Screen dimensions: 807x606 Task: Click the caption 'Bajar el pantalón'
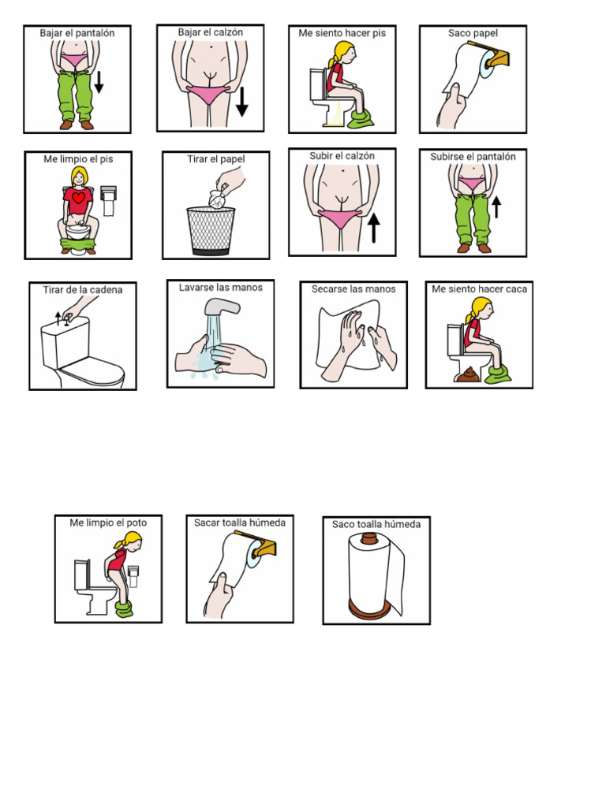(x=77, y=33)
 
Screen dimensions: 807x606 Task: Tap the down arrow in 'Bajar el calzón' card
(x=241, y=100)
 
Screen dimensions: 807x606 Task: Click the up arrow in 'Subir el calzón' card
(x=373, y=227)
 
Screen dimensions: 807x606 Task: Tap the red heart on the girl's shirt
(x=79, y=198)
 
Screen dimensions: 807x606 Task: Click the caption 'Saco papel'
(x=473, y=33)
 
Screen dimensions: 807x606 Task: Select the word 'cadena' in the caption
(x=106, y=290)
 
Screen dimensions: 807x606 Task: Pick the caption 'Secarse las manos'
(x=353, y=289)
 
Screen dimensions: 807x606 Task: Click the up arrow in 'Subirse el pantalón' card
(x=496, y=206)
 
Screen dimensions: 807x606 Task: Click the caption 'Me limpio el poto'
(x=108, y=523)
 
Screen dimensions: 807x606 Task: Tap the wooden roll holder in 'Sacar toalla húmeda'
(x=264, y=546)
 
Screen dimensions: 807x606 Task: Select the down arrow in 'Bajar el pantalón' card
(x=99, y=81)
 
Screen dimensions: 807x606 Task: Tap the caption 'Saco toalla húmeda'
(x=376, y=524)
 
